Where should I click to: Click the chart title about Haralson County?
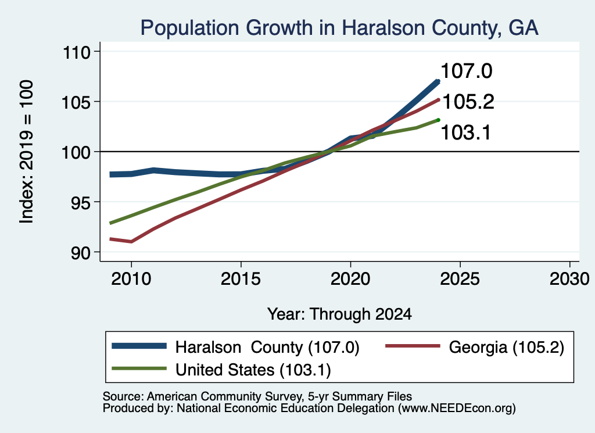(339, 28)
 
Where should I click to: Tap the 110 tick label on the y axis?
(77, 52)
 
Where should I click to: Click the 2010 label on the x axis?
(131, 280)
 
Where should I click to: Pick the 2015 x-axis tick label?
(241, 280)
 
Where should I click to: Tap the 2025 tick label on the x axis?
(460, 280)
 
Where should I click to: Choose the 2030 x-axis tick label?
(569, 280)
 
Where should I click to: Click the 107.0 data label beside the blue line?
(467, 71)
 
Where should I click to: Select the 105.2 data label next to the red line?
(468, 102)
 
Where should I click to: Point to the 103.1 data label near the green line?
(465, 133)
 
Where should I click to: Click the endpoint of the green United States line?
(438, 120)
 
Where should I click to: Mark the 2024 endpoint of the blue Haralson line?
(438, 81)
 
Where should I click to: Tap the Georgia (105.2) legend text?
(507, 347)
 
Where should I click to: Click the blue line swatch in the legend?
(139, 346)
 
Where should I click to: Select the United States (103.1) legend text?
(253, 370)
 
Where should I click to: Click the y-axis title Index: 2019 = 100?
(27, 152)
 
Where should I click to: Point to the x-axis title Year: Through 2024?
(339, 314)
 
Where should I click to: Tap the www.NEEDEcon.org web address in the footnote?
(457, 409)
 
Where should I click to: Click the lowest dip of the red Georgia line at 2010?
(131, 241)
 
